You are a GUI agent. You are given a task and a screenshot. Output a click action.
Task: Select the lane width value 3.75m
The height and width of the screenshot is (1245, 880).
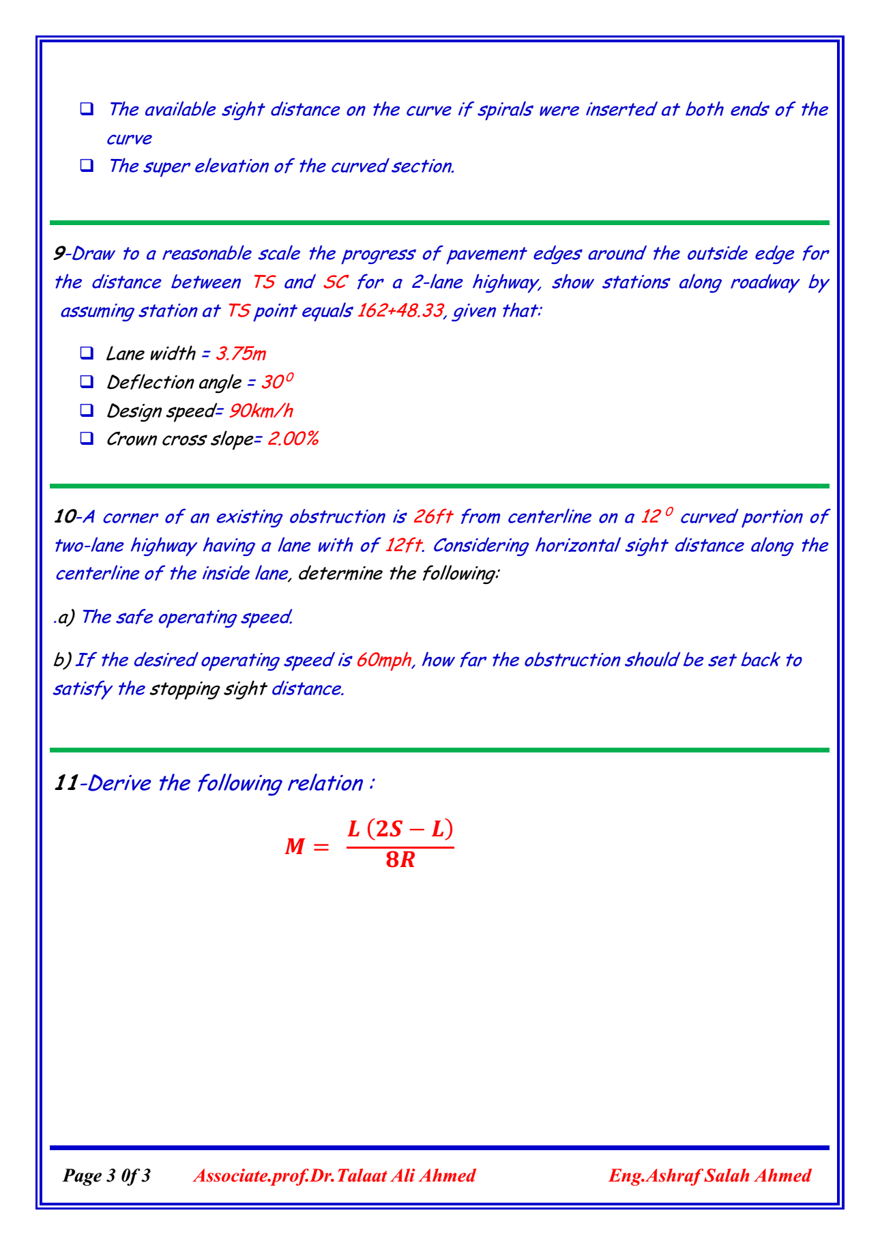(x=241, y=353)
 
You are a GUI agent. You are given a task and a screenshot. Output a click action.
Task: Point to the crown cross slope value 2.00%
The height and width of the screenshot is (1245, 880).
(x=293, y=439)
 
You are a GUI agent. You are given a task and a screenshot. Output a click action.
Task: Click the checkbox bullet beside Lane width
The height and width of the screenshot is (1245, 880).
(x=87, y=353)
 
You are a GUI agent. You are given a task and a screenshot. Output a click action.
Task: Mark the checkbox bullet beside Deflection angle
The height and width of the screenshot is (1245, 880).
(x=87, y=382)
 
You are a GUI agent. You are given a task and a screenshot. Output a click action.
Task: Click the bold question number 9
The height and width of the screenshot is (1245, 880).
(x=59, y=254)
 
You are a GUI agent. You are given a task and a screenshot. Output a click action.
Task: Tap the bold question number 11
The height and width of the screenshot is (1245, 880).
(x=65, y=783)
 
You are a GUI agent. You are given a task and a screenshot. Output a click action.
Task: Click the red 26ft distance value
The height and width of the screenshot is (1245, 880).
(x=433, y=517)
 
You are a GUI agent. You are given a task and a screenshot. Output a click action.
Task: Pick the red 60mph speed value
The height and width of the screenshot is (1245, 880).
(x=384, y=660)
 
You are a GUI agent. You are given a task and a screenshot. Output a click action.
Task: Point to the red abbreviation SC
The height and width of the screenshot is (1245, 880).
(x=335, y=282)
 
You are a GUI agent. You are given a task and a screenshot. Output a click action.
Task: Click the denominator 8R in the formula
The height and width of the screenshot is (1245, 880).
(x=400, y=860)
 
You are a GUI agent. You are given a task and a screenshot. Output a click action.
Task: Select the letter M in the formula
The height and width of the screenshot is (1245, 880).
(x=295, y=847)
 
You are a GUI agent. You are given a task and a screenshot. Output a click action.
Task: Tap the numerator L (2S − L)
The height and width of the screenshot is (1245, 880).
(x=400, y=830)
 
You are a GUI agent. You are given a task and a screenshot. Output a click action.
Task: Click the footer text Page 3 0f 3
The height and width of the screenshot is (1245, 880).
(x=107, y=1175)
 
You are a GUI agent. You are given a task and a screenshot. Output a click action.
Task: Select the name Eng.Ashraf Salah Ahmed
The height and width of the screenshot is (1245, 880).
(x=709, y=1175)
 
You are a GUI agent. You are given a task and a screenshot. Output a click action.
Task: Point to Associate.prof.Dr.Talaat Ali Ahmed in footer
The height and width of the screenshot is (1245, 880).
(x=334, y=1175)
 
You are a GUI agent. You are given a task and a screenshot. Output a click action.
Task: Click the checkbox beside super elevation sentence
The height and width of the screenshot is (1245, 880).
(x=87, y=166)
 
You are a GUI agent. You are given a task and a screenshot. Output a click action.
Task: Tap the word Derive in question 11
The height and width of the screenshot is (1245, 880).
(x=120, y=783)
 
